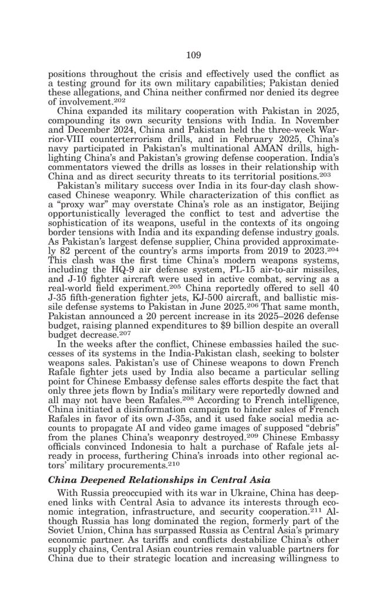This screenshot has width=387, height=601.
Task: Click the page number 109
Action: pyautogui.click(x=194, y=55)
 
